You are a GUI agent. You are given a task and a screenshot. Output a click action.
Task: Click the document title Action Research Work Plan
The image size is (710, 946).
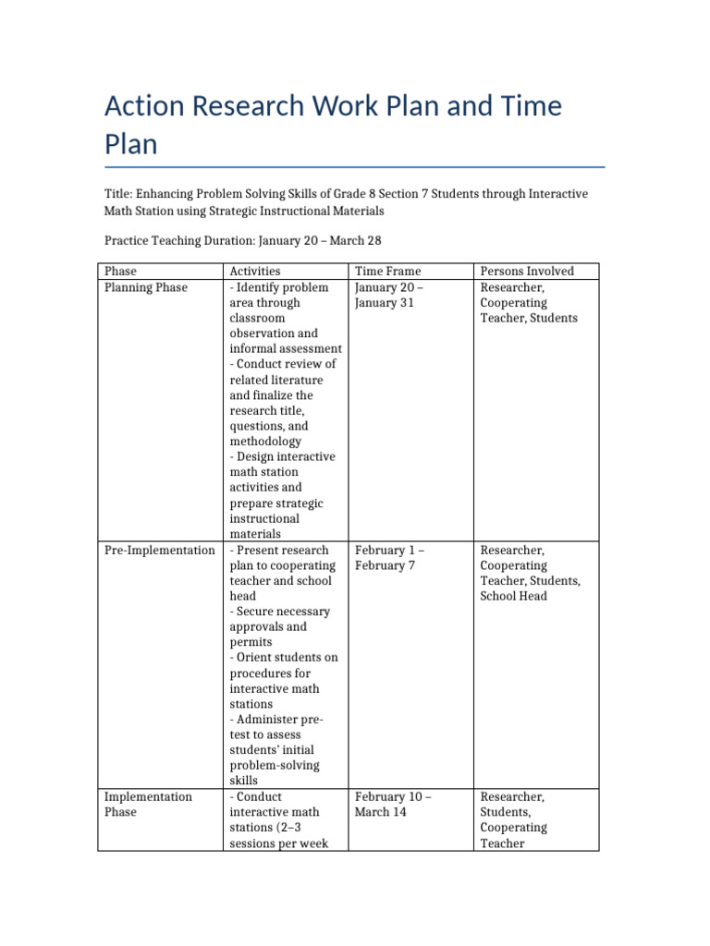pos(333,124)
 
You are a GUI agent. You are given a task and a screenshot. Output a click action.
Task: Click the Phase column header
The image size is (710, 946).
pos(120,271)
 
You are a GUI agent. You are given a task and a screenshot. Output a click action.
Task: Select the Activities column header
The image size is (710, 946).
pos(255,271)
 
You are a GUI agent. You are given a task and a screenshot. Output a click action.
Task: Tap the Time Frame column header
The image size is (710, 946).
pos(387,271)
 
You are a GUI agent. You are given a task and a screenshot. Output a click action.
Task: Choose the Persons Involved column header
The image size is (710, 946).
pos(527,271)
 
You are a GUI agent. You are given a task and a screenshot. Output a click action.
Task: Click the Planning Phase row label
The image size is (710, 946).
pos(146,287)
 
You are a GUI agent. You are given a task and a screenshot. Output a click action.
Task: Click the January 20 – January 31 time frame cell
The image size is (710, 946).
pos(389,295)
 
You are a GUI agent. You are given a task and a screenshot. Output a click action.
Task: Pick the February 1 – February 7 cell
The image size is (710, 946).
pos(391,557)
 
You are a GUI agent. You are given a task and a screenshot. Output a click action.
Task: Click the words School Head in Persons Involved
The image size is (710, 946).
pos(513,596)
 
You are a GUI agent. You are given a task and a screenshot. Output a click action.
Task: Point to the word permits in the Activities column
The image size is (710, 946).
pos(250,641)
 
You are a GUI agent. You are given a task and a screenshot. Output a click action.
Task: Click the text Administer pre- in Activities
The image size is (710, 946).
pos(276,719)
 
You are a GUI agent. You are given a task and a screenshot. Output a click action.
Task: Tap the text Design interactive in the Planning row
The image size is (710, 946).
pos(283,456)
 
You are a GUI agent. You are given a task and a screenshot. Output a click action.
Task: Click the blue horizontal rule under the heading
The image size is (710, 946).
pos(355,167)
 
